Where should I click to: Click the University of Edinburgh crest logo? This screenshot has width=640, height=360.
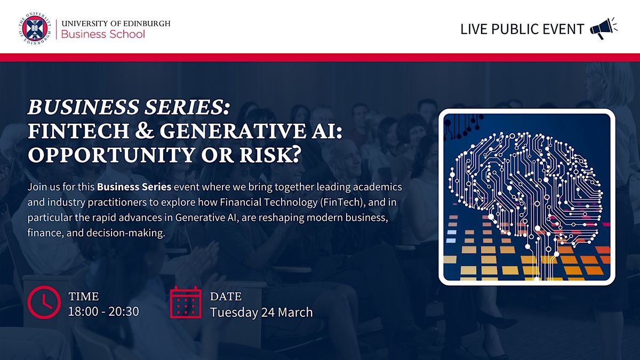(x=35, y=29)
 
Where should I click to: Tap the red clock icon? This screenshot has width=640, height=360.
(x=44, y=302)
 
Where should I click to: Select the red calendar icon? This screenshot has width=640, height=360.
(x=186, y=302)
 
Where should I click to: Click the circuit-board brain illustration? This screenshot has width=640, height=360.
(x=527, y=197)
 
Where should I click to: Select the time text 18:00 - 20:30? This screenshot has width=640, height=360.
(x=103, y=311)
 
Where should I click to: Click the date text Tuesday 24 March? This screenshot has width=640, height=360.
(x=261, y=313)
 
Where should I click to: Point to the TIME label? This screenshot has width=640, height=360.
(x=83, y=297)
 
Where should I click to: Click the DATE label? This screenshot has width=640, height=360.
(x=226, y=297)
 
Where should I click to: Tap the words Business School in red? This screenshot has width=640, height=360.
(x=103, y=34)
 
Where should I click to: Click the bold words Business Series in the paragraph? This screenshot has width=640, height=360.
(x=134, y=187)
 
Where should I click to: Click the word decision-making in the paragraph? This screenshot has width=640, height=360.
(x=126, y=233)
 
